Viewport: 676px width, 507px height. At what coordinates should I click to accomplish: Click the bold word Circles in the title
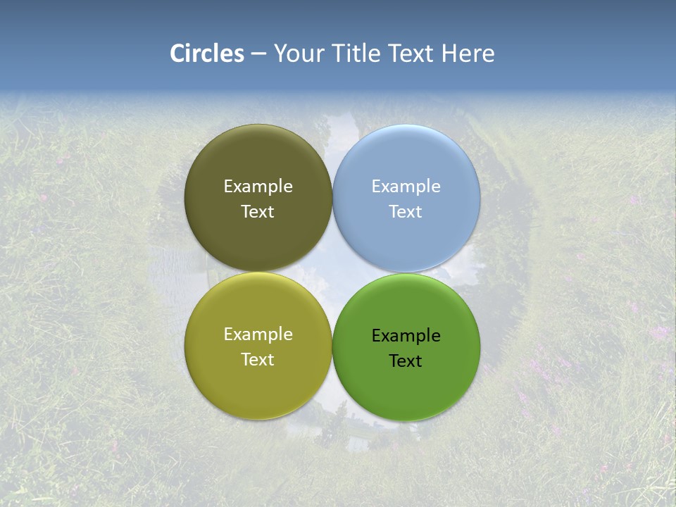point(207,54)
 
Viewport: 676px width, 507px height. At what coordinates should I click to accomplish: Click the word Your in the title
point(297,54)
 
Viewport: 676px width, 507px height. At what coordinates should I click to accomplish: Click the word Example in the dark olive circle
point(258,187)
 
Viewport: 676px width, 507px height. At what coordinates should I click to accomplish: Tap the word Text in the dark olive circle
point(258,212)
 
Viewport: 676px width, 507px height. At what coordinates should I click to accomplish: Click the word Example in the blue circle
point(406,187)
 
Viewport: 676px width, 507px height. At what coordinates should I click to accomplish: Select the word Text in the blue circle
point(406,212)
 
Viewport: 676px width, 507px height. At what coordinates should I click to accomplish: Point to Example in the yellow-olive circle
point(258,334)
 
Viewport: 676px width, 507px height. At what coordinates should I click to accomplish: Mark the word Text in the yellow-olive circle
point(258,360)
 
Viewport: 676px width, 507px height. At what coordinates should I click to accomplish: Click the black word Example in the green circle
point(406,336)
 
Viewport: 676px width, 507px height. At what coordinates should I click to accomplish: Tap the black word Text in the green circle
point(406,361)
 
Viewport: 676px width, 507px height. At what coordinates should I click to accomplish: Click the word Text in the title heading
point(411,54)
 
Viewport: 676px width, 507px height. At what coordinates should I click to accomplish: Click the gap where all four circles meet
point(332,273)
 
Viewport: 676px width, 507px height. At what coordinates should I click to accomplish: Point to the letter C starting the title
point(177,54)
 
